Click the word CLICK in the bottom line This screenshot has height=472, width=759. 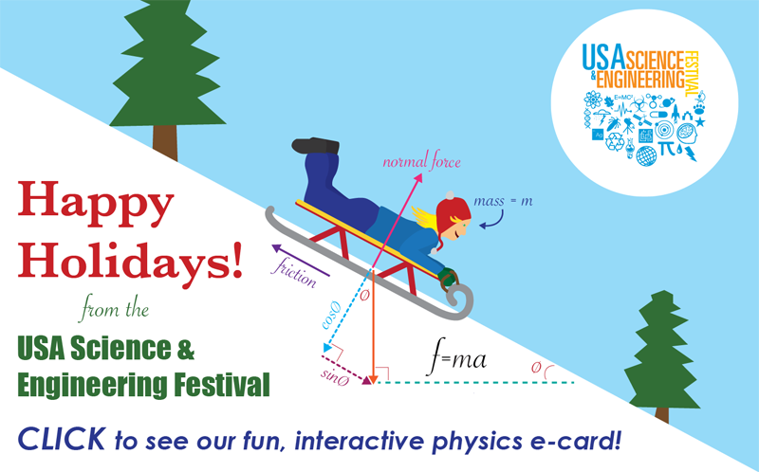[61, 439]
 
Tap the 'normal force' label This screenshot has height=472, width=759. [421, 161]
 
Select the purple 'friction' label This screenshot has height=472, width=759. [295, 272]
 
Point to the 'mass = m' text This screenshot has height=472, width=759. [503, 201]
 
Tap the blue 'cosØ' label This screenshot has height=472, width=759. [331, 316]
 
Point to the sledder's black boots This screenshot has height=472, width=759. [316, 145]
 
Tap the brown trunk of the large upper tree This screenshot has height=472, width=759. [164, 142]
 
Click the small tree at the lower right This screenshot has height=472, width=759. [660, 355]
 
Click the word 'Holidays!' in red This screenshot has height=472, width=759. [130, 262]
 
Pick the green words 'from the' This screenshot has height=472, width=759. [115, 309]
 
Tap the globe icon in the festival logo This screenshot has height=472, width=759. [646, 155]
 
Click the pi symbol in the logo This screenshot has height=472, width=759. [668, 148]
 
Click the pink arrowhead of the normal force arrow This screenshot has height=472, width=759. [417, 178]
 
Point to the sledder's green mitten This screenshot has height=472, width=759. [446, 276]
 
